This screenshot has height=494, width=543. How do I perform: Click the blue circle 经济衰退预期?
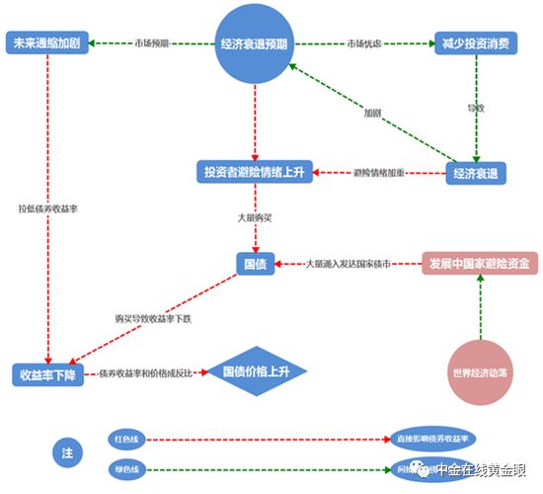255,44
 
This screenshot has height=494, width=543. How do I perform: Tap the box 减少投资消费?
476,44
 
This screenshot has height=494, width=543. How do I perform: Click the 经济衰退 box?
476,173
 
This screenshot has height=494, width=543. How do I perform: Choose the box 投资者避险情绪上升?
255,173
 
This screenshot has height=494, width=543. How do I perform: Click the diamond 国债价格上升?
256,372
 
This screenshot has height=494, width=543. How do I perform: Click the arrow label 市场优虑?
365,44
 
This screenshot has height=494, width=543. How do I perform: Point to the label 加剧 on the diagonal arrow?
372,113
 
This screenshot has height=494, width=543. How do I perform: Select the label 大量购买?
255,215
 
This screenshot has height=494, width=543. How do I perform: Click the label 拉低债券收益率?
47,208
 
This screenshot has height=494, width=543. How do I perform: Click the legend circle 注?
67,453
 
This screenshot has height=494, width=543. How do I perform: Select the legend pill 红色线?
128,437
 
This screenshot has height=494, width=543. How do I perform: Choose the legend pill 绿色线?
128,468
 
